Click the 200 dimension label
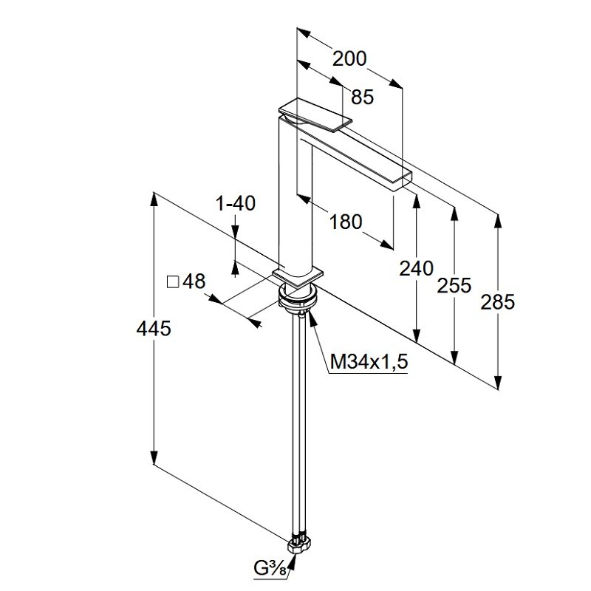349,58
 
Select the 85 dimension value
362,97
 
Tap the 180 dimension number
345,221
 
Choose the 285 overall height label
497,301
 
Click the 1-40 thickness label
236,203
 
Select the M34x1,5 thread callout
369,362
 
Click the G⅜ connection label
268,569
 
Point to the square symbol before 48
173,282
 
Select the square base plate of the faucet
298,276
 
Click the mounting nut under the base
298,298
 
